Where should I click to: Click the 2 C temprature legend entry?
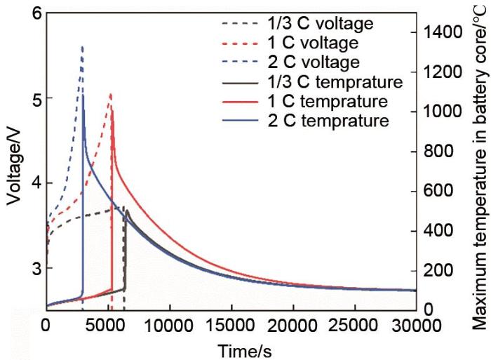pyautogui.click(x=323, y=120)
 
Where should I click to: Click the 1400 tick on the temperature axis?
pyautogui.click(x=440, y=32)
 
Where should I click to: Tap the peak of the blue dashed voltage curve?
pyautogui.click(x=82, y=47)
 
